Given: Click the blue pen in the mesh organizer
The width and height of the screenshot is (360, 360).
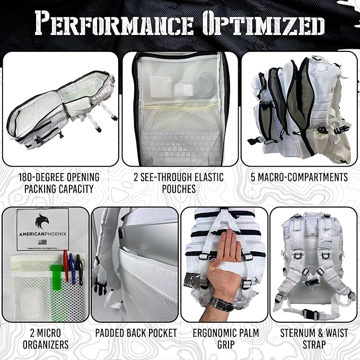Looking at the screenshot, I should point(73,268).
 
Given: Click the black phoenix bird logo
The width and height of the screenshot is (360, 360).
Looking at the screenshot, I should point(43,221).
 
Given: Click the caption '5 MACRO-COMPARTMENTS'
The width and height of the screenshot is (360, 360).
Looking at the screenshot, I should point(299,177).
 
